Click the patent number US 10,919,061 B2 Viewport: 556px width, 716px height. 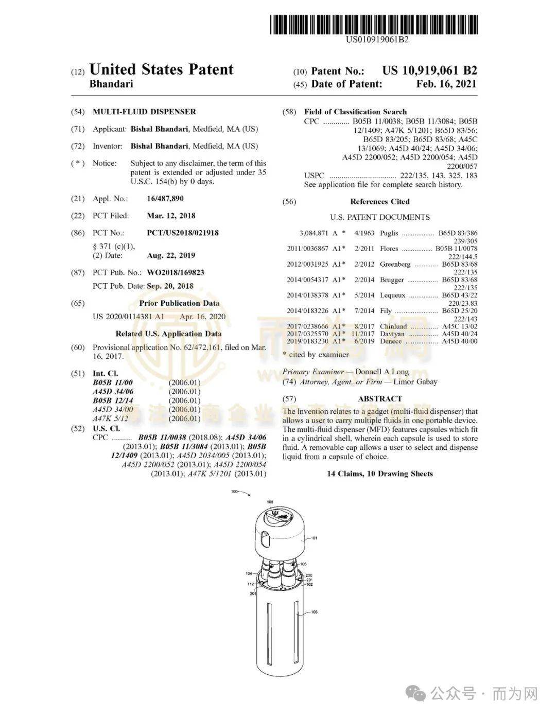coord(429,71)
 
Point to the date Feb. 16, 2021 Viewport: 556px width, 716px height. coord(446,84)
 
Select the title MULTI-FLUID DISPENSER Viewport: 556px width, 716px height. coord(144,112)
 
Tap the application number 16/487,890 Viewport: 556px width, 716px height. coord(165,199)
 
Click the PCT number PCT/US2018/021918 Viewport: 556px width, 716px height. coord(182,233)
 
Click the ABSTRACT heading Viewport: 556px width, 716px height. coord(379,398)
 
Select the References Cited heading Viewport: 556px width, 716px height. coord(379,202)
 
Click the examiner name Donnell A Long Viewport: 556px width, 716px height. coord(381,372)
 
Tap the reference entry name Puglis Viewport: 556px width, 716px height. coord(389,233)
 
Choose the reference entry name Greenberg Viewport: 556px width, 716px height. coord(395,264)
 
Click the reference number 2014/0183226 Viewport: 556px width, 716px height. coord(307,311)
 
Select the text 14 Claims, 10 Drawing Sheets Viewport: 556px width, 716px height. coord(379,474)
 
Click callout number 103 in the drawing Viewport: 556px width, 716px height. coord(314,612)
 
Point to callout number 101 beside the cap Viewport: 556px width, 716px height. coord(314,538)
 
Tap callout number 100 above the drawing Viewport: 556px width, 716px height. coord(234,492)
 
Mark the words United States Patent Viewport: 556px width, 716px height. coord(161,69)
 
